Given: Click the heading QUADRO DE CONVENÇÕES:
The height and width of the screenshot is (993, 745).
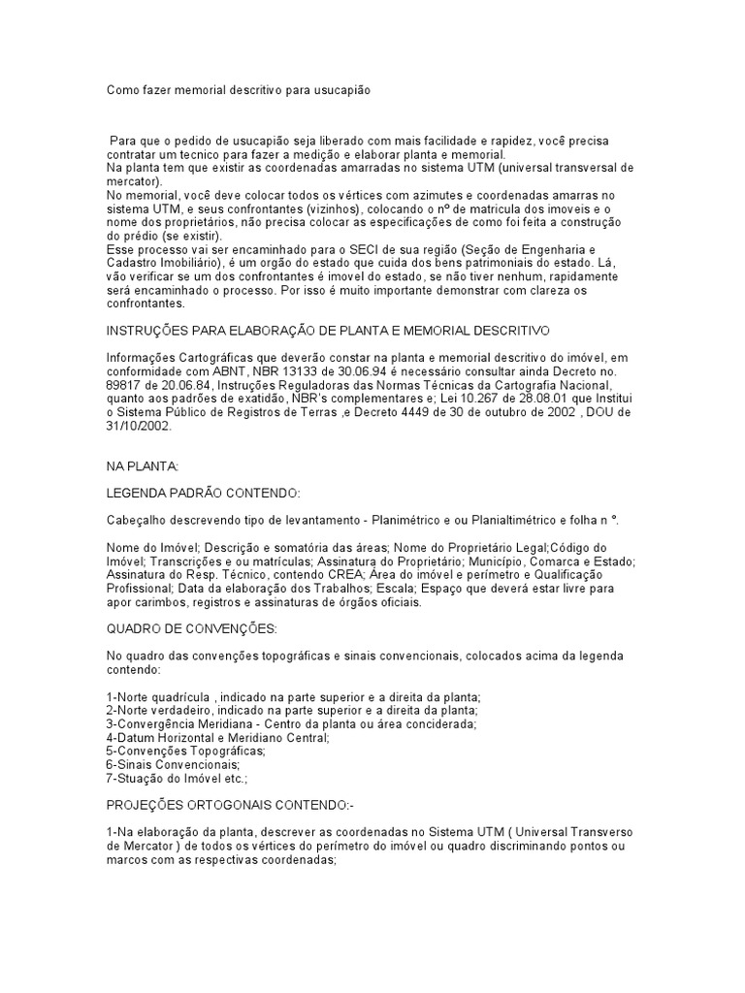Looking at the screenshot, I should (192, 629).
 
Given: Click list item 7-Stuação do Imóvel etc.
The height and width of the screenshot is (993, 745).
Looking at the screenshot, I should (178, 778).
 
